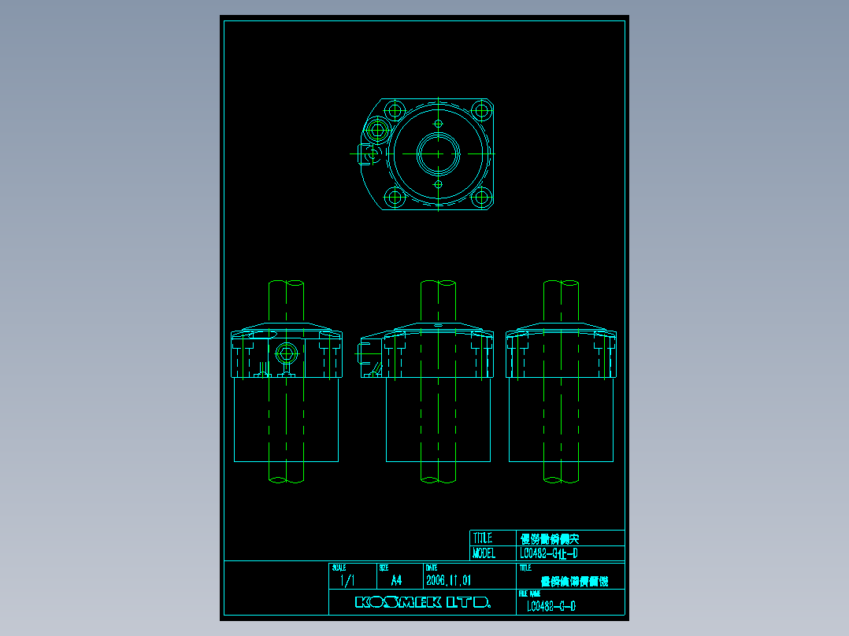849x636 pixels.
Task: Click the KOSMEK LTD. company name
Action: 423,603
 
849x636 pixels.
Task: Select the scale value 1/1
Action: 347,581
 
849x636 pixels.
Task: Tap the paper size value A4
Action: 396,581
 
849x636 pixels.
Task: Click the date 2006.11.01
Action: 448,581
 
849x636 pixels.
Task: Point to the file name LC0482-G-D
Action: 551,606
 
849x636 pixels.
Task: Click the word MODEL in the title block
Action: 484,553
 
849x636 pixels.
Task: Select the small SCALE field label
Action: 339,568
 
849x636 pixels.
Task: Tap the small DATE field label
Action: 432,568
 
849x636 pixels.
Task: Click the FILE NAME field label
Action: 529,593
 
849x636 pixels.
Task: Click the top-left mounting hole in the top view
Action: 394,109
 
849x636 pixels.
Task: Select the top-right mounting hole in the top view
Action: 481,109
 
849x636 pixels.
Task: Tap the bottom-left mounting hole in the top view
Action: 394,198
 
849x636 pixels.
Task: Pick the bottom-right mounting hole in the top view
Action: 481,198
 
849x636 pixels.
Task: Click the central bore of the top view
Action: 438,153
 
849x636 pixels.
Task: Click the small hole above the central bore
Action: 439,124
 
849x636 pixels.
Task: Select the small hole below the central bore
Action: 439,184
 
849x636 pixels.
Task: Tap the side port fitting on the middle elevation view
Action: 366,356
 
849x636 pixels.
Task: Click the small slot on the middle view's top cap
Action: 438,324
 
